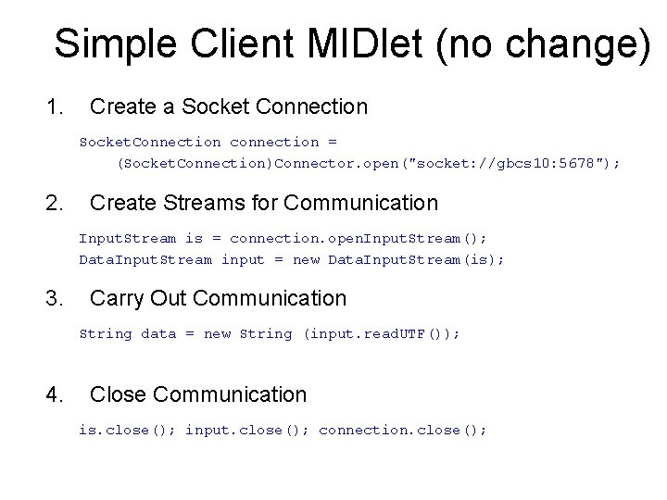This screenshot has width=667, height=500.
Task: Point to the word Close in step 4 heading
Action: (x=118, y=394)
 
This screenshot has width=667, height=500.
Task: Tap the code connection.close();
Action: (x=402, y=430)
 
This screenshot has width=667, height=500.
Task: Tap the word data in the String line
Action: (x=157, y=333)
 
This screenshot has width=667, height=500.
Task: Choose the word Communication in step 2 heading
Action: (x=361, y=202)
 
